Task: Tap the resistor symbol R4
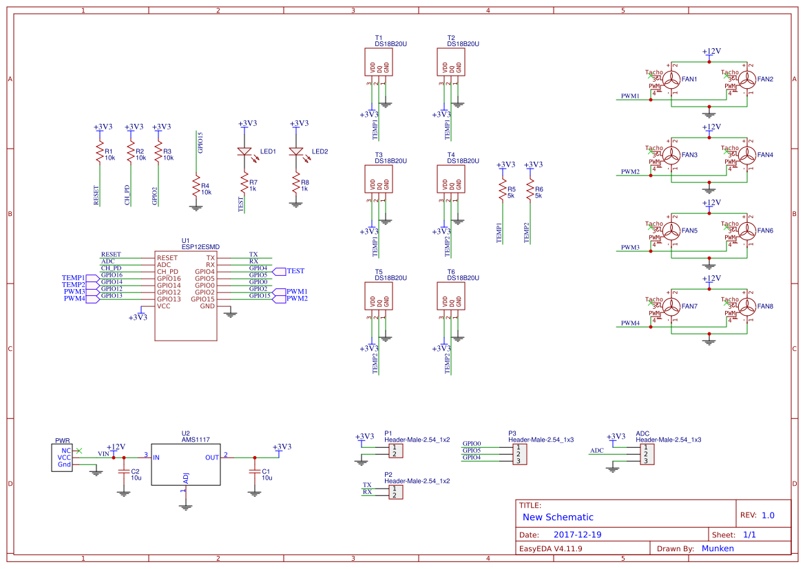(x=196, y=187)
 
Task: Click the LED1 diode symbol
(x=244, y=151)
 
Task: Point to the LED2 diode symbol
(x=296, y=151)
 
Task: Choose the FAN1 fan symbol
(x=671, y=80)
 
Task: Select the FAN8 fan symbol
(x=747, y=307)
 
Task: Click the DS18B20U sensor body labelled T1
(x=379, y=63)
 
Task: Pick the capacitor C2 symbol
(x=124, y=472)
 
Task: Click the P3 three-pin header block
(x=521, y=453)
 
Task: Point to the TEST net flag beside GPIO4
(x=293, y=271)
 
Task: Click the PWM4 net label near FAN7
(x=630, y=323)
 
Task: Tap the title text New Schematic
(x=558, y=517)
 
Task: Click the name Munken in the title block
(x=718, y=548)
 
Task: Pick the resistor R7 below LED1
(x=244, y=183)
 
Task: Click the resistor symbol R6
(x=530, y=189)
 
